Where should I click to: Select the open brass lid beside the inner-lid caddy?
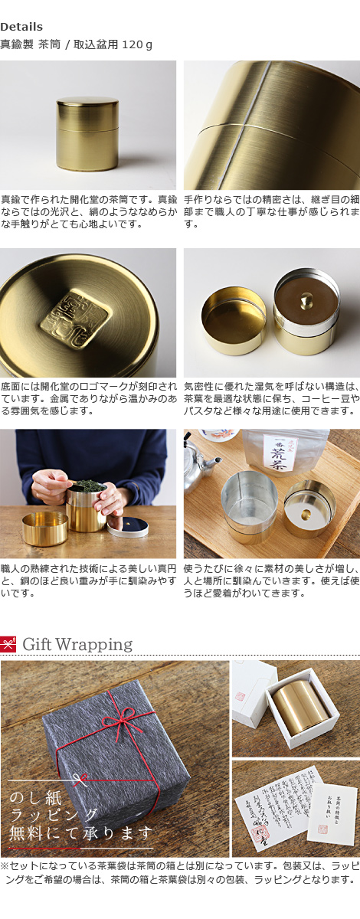pos(233,319)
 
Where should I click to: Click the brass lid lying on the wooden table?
pos(44,528)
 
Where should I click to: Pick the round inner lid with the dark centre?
pos(127,525)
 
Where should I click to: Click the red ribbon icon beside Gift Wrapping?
pos(8,644)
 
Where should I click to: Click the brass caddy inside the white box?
pos(301,704)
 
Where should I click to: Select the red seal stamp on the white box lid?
pos(239,698)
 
